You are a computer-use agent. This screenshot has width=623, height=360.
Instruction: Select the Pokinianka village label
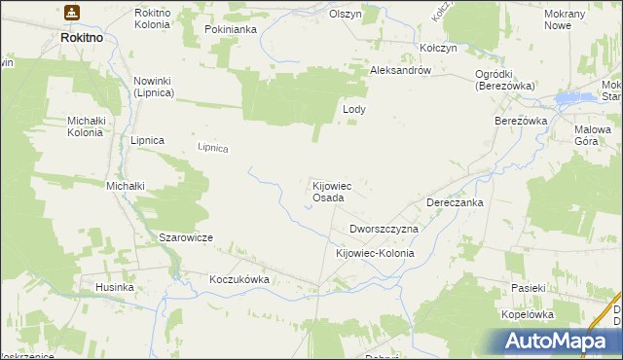pyautogui.click(x=230, y=29)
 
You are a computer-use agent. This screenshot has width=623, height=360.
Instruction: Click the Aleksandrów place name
pyautogui.click(x=407, y=71)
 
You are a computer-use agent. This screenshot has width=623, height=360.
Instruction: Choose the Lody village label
pyautogui.click(x=353, y=110)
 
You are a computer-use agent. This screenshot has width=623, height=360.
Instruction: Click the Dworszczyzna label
pyautogui.click(x=384, y=229)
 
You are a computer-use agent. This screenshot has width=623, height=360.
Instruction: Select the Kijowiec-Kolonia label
pyautogui.click(x=375, y=253)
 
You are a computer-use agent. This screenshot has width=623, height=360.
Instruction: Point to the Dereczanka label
pyautogui.click(x=455, y=202)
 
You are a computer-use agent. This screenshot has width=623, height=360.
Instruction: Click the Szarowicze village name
pyautogui.click(x=185, y=237)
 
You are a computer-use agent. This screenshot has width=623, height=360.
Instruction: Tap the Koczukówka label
pyautogui.click(x=238, y=279)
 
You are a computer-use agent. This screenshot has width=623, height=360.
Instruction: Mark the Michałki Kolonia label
pyautogui.click(x=84, y=126)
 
